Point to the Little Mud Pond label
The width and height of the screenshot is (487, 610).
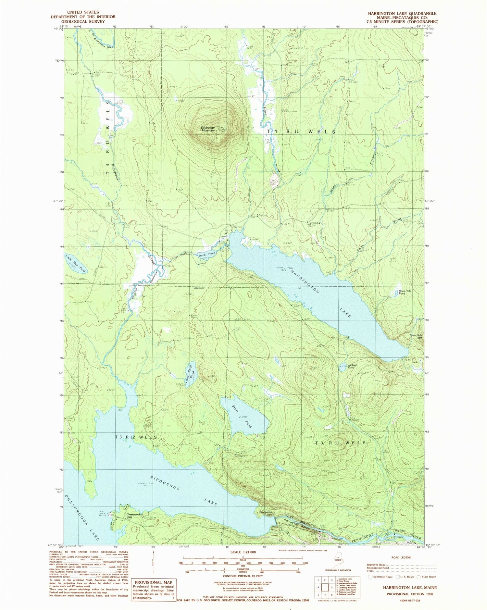tap(76, 263)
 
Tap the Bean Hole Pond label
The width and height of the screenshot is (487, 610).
tap(405, 292)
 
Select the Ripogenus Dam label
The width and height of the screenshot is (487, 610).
tap(266, 513)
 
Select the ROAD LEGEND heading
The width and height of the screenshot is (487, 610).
tap(401, 557)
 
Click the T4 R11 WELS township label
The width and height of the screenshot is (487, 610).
tap(301, 131)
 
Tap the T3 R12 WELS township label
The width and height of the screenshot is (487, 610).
tap(136, 437)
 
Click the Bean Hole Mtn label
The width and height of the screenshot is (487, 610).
tap(416, 337)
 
